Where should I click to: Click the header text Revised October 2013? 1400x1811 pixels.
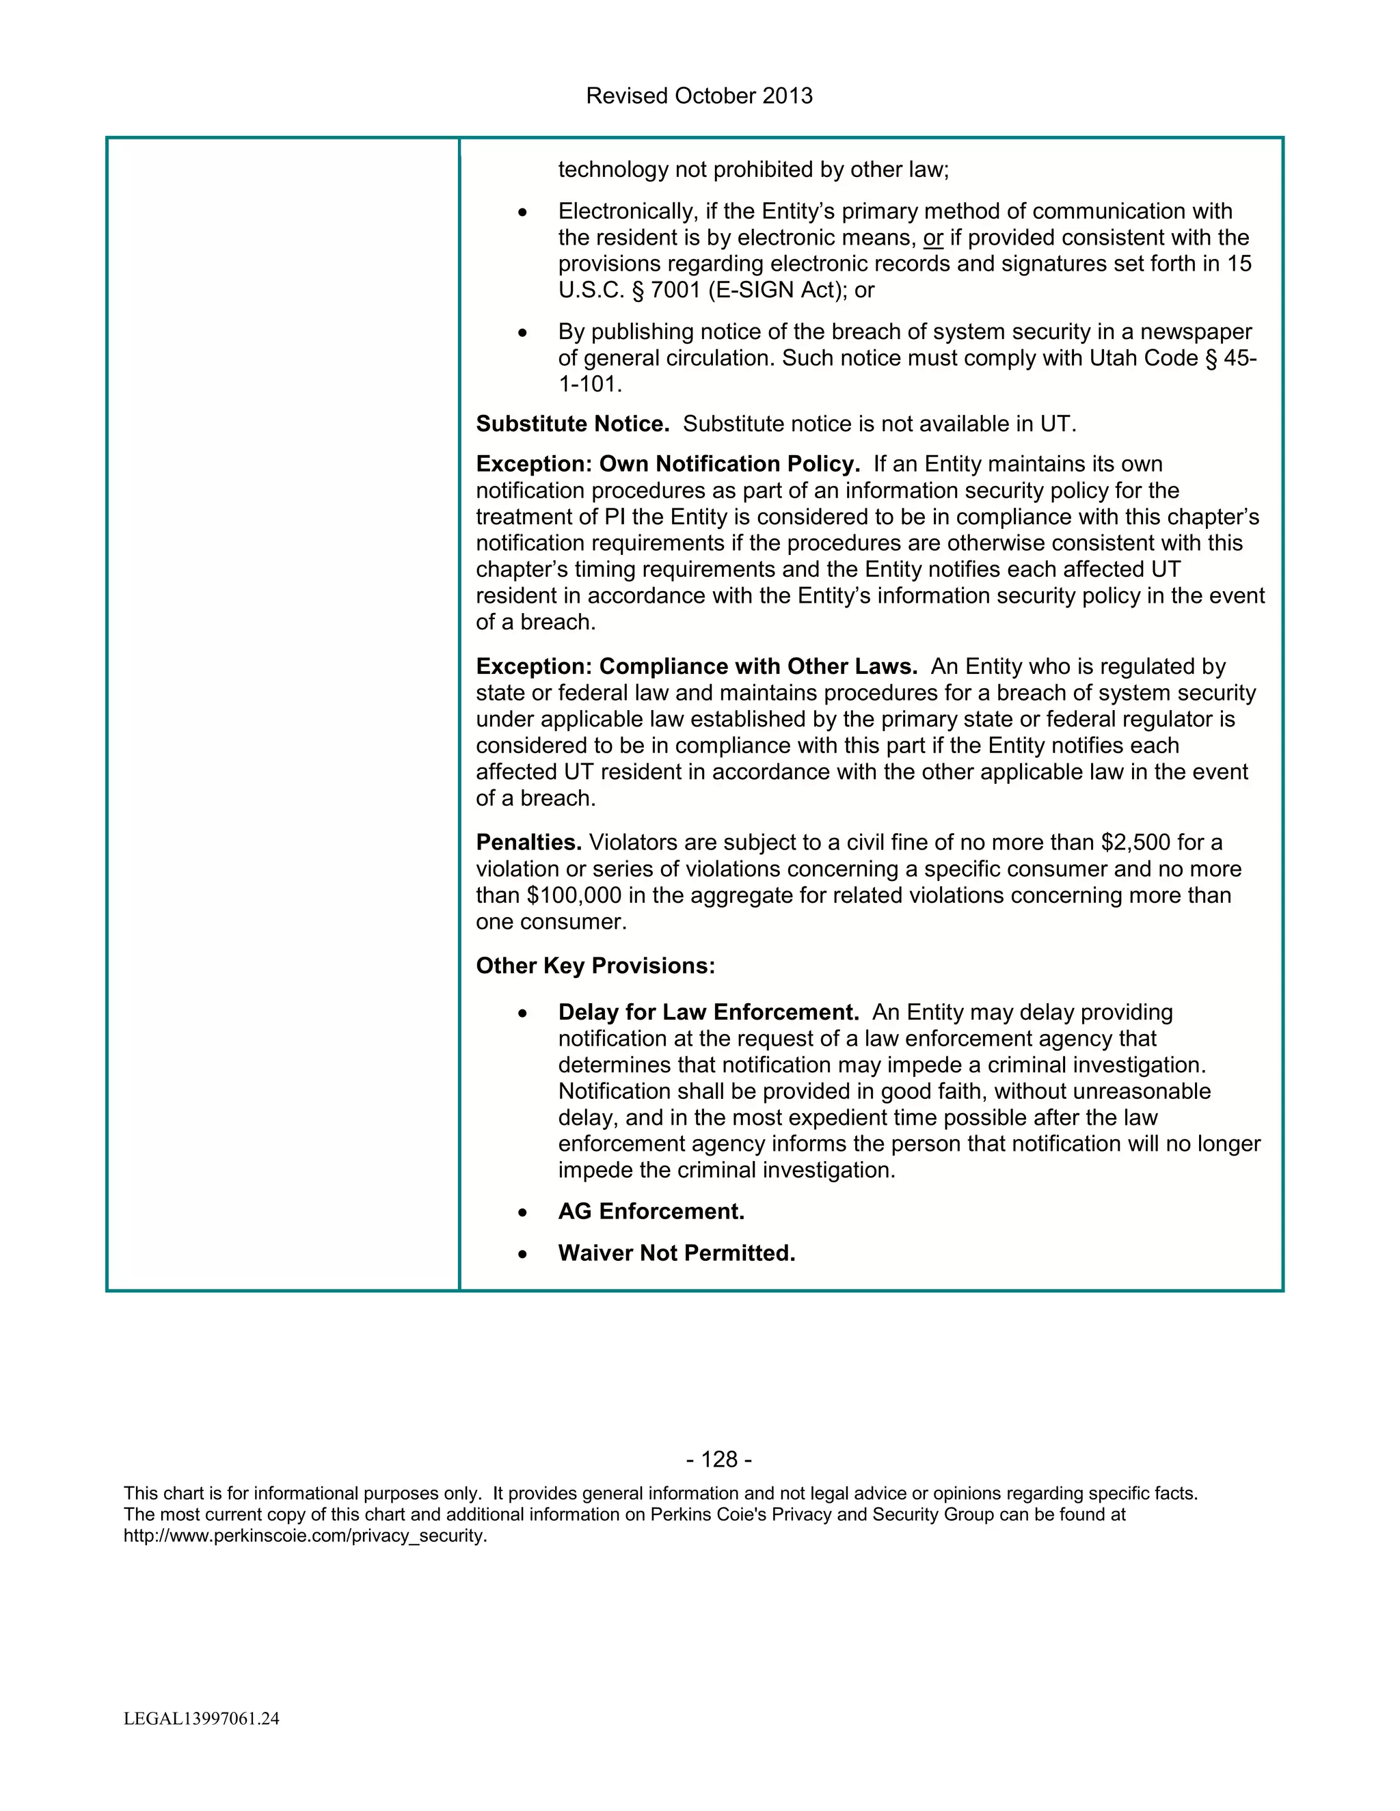(699, 96)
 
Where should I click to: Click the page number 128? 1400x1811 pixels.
(719, 1460)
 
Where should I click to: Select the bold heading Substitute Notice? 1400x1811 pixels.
(572, 424)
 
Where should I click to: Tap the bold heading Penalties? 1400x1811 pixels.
(528, 843)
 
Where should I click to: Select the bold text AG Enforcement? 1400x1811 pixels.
(651, 1212)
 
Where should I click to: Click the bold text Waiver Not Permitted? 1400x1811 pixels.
(676, 1253)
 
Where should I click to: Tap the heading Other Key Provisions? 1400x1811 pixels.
(595, 966)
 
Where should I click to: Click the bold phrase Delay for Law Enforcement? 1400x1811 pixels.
(708, 1013)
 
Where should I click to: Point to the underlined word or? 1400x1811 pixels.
(933, 238)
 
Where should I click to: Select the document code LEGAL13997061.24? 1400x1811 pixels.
(202, 1718)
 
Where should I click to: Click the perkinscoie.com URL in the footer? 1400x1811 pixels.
(305, 1536)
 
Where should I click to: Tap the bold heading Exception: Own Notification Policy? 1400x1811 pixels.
(668, 464)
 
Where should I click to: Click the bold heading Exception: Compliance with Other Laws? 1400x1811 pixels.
(697, 667)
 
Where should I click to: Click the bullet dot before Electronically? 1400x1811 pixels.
(522, 213)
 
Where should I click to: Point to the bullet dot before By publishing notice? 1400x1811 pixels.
(522, 333)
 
